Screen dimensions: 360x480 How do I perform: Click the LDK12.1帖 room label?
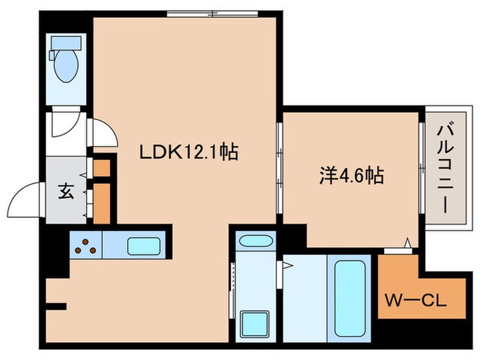tap(189, 152)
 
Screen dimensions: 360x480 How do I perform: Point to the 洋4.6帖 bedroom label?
tap(350, 176)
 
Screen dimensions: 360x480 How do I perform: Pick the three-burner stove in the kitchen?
tap(86, 245)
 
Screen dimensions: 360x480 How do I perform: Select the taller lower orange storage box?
tap(101, 202)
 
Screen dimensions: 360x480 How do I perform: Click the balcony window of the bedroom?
tap(420, 171)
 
